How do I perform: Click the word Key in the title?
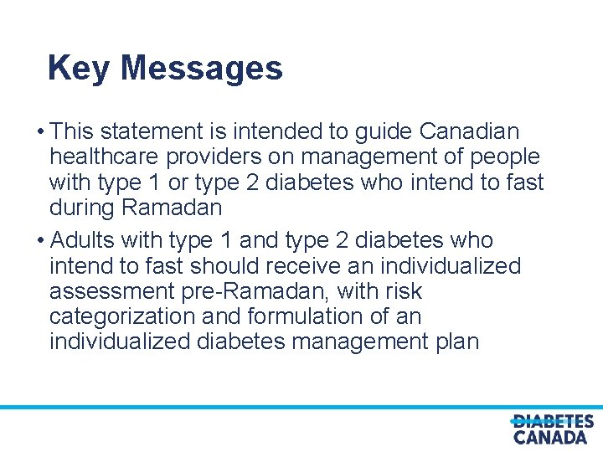pyautogui.click(x=78, y=68)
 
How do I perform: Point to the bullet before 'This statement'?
pyautogui.click(x=41, y=132)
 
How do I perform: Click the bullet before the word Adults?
pyautogui.click(x=41, y=241)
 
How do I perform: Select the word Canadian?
pyautogui.click(x=469, y=132)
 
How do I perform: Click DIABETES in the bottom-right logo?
pyautogui.click(x=553, y=422)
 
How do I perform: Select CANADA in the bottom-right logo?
pyautogui.click(x=550, y=437)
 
